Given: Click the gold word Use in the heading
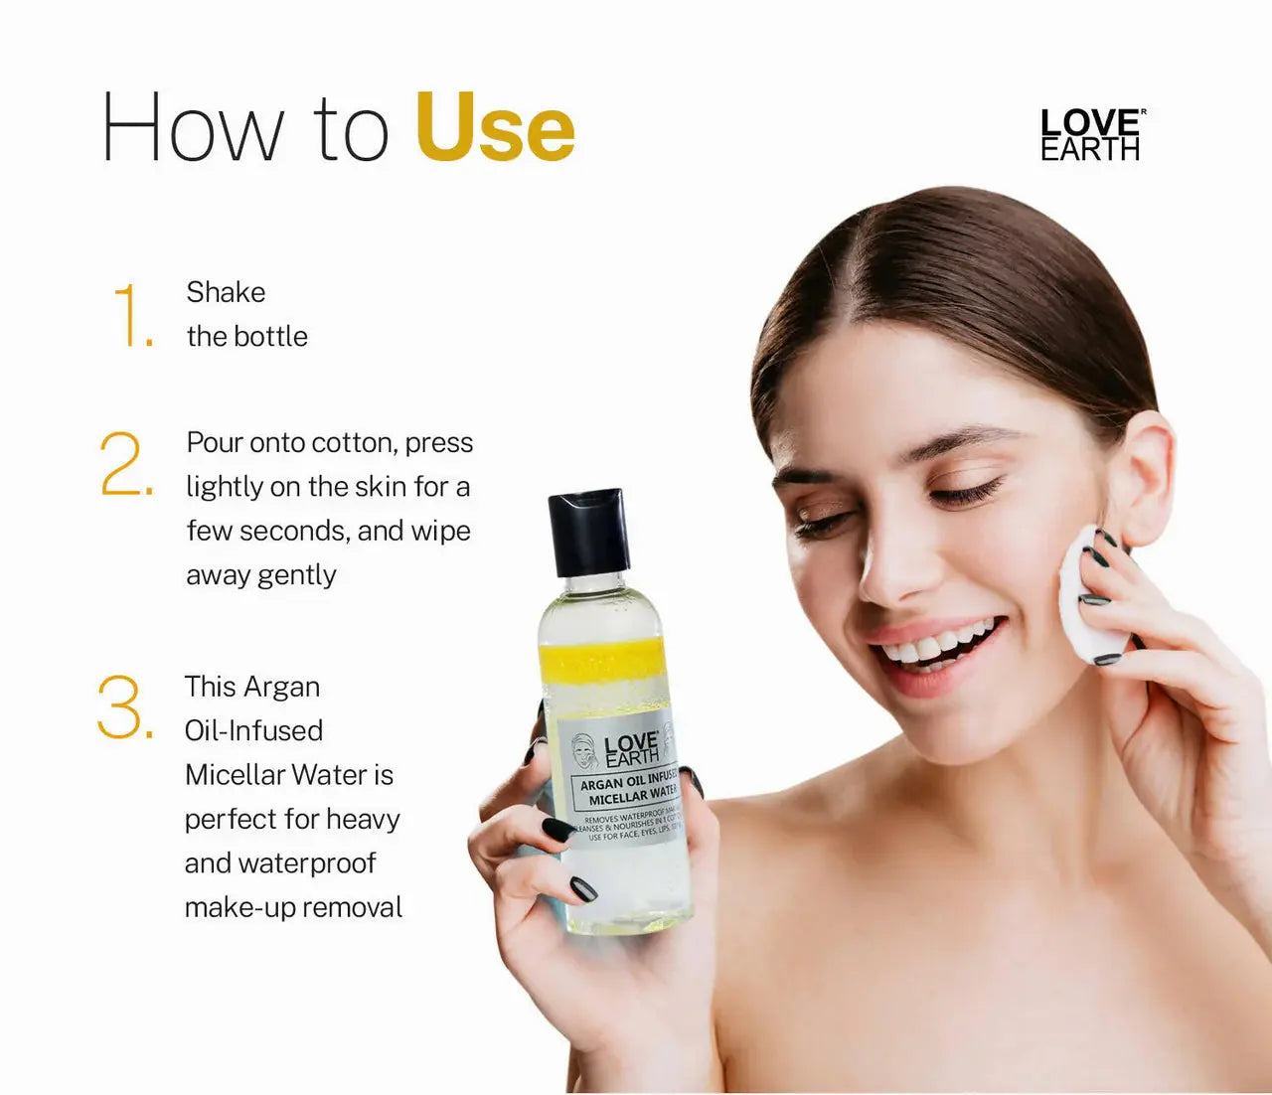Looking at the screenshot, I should (x=495, y=127).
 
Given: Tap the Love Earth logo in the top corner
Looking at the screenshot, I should (x=1090, y=135).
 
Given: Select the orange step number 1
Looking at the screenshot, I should (x=131, y=315).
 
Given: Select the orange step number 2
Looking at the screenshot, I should (x=125, y=464).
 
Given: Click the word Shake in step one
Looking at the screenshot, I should (x=226, y=292).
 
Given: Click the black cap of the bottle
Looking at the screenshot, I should (x=588, y=532).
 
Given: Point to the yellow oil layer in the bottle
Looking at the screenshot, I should (x=601, y=661).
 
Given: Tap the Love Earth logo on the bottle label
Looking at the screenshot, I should (x=630, y=749).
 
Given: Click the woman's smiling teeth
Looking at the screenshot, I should (x=939, y=646).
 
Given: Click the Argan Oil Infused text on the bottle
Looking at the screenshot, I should (x=628, y=782).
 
